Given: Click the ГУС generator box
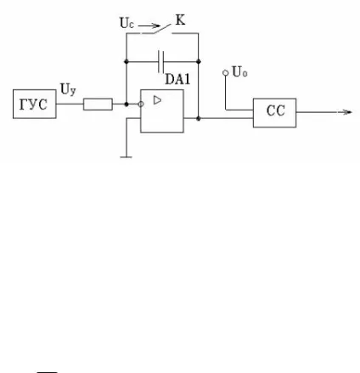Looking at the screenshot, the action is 35,104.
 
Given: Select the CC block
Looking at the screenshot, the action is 274,113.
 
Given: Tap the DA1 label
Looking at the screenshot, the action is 177,79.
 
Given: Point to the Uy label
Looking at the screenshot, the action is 68,89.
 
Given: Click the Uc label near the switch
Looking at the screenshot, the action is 127,23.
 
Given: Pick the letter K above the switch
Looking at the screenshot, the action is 181,20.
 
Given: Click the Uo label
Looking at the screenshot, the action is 239,71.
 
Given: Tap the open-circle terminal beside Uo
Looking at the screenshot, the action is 226,73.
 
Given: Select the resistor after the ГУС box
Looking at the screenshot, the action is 98,105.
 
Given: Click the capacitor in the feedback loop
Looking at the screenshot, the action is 160,61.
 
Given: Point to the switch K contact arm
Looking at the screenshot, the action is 162,29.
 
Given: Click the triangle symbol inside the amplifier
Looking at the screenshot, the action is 157,100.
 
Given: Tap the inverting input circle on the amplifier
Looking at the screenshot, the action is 141,105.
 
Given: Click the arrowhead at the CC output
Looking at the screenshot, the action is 346,112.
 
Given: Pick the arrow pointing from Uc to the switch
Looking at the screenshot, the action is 149,26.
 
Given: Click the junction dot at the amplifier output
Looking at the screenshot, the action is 199,118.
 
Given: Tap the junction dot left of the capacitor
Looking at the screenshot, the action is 127,61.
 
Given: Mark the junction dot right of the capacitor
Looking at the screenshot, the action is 199,61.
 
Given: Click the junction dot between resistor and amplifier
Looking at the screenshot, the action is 127,105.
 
